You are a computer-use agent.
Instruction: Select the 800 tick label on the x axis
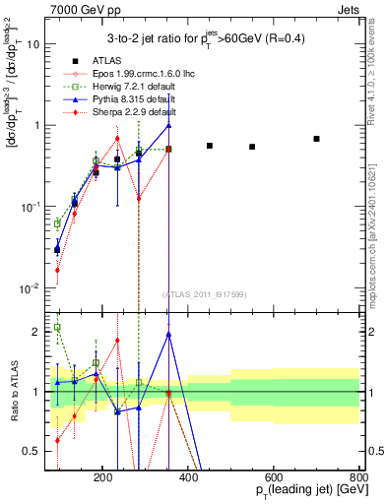coord(359,477)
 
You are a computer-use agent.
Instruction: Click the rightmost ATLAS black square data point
coord(316,139)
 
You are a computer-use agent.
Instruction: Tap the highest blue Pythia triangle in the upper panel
coord(169,125)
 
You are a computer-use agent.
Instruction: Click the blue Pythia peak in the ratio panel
coord(169,334)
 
